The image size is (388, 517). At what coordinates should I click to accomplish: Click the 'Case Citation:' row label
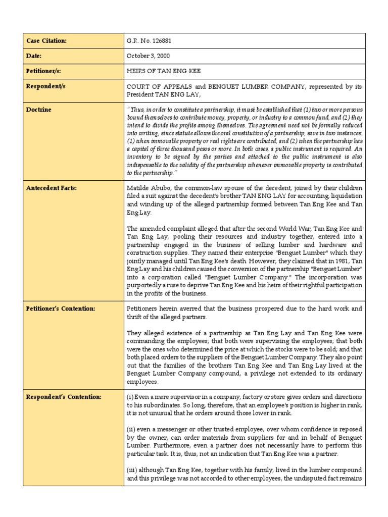(x=46, y=40)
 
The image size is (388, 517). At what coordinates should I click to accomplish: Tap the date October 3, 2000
(x=148, y=56)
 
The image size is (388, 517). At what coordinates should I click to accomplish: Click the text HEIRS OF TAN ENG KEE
(x=160, y=71)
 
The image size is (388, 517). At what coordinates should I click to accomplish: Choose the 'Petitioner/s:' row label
(x=44, y=71)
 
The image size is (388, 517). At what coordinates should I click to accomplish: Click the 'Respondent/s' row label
(x=46, y=86)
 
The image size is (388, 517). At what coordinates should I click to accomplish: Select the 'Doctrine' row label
(x=40, y=110)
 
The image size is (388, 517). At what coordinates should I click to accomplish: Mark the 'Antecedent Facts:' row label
(x=51, y=188)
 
